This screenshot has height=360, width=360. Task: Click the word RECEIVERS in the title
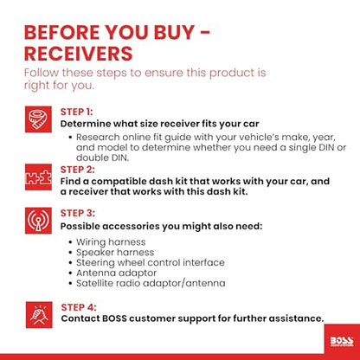click(78, 54)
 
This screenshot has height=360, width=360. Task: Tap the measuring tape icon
click(38, 119)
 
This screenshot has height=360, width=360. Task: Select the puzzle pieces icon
click(38, 177)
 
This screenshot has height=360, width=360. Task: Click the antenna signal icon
click(38, 221)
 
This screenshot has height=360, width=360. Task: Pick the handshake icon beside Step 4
click(39, 315)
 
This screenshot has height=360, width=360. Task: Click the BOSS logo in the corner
click(342, 341)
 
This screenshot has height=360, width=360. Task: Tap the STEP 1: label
click(76, 112)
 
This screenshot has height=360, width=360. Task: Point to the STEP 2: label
click(77, 170)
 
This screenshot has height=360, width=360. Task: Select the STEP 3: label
click(78, 213)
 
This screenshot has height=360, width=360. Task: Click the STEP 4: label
click(79, 307)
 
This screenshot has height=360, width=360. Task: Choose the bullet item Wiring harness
click(111, 242)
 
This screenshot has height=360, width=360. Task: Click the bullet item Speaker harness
click(115, 253)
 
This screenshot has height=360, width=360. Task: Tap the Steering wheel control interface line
click(151, 263)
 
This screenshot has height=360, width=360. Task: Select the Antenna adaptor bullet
click(117, 273)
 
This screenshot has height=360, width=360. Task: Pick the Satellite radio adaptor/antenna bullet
click(151, 283)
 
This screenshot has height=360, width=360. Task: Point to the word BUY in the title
click(174, 32)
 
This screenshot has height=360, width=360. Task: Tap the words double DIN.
click(102, 157)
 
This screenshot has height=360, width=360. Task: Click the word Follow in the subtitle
click(42, 73)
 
